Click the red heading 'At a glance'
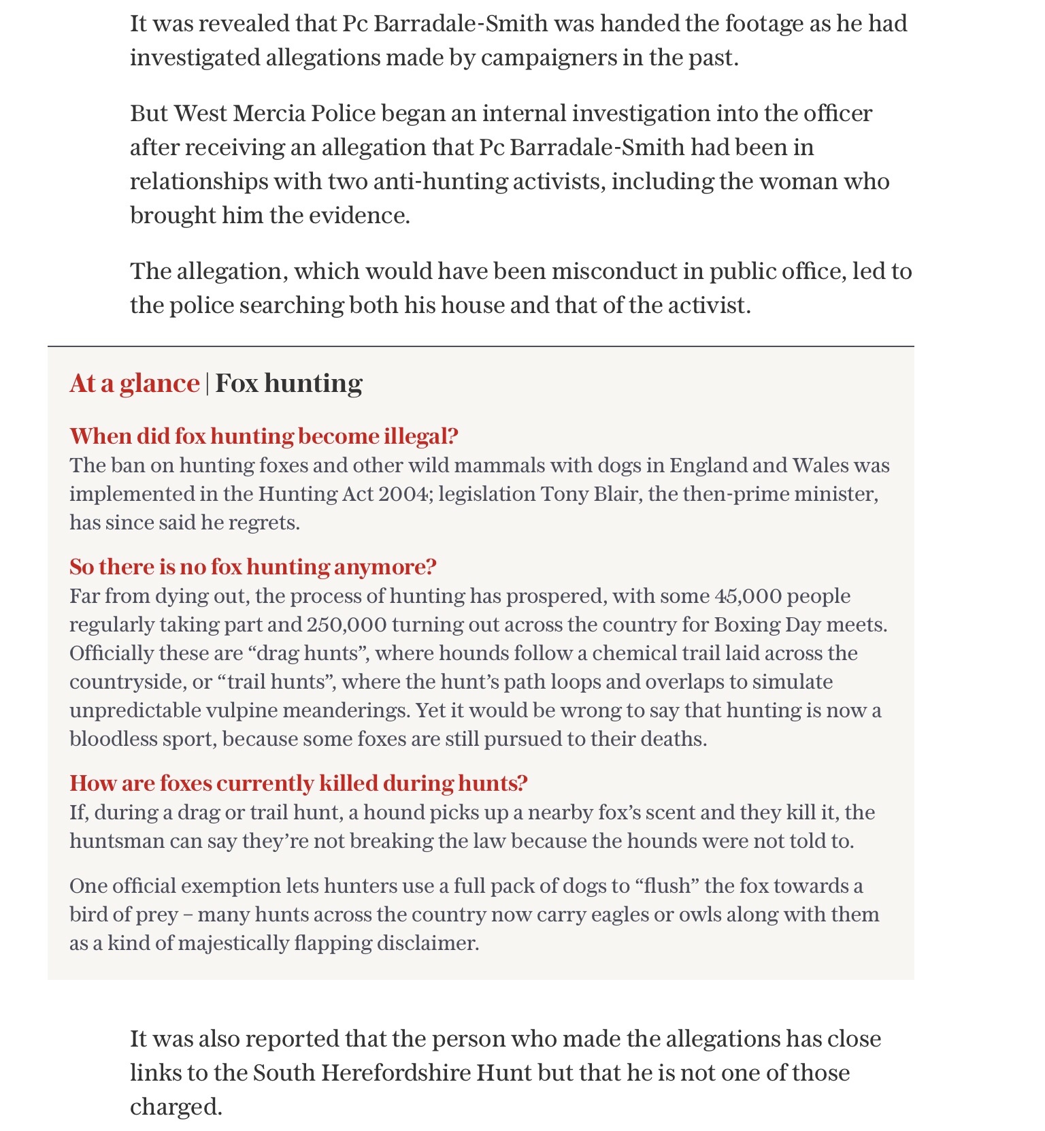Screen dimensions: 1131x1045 [x=134, y=384]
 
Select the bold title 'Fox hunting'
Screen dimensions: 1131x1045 [x=288, y=384]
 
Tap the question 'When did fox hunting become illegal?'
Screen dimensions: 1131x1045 [x=264, y=436]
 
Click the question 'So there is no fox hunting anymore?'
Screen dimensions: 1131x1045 [x=253, y=567]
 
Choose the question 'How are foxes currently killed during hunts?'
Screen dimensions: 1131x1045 [x=299, y=783]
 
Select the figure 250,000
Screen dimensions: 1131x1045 [x=347, y=625]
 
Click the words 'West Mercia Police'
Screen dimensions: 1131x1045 [x=274, y=113]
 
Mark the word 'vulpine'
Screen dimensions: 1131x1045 [x=242, y=710]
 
